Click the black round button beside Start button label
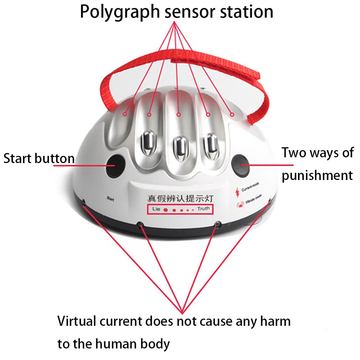pos(114,166)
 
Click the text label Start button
pos(39,158)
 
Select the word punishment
pos(317,176)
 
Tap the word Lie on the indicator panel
pos(156,209)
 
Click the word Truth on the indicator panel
pos(203,209)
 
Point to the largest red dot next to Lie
pos(166,210)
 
